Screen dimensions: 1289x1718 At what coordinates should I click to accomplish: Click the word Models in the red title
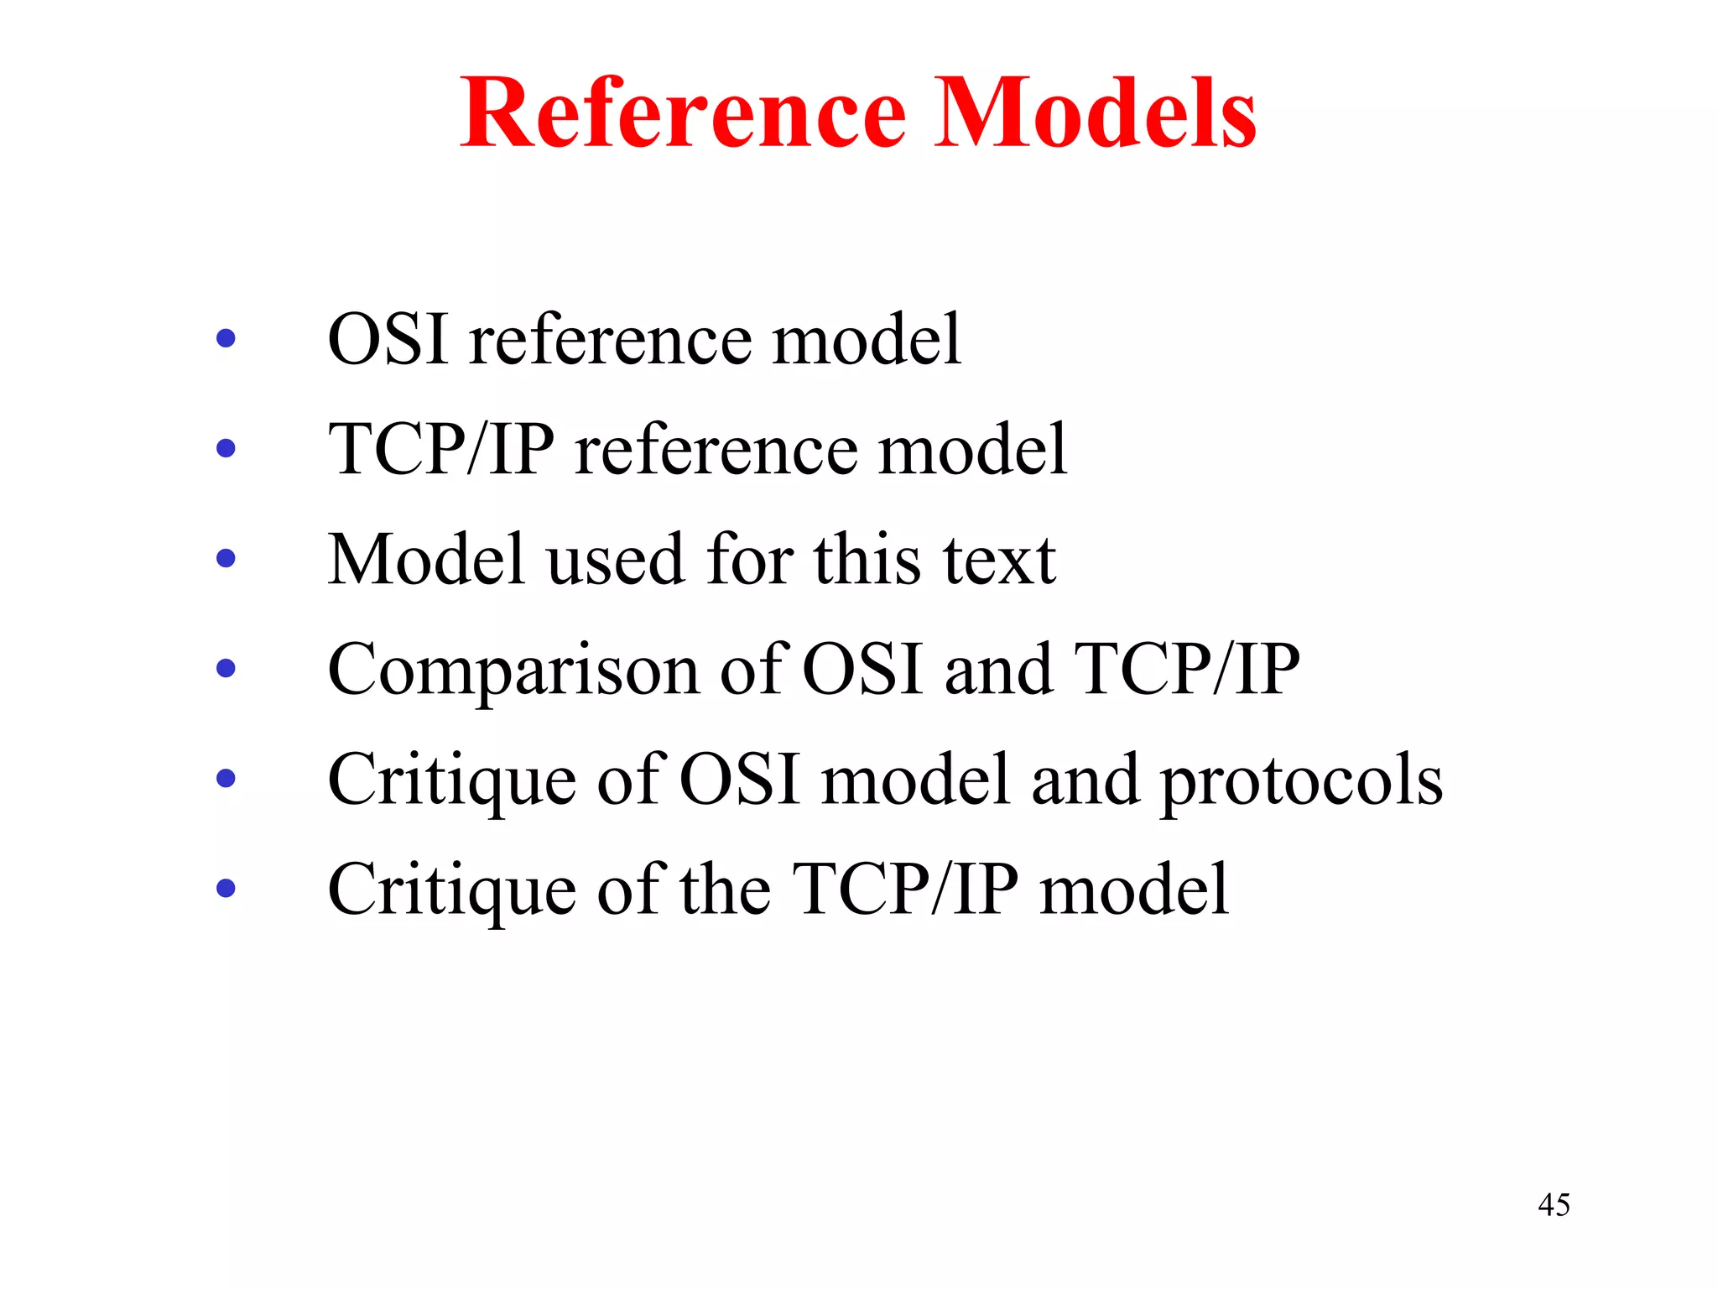coord(1095,114)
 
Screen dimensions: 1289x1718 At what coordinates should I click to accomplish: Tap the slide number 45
coord(1554,1205)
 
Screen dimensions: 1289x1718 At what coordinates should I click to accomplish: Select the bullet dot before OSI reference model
coord(226,339)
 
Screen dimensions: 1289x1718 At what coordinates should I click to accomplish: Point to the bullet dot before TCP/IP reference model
coord(226,449)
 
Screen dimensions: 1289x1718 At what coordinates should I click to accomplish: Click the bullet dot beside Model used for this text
coord(226,558)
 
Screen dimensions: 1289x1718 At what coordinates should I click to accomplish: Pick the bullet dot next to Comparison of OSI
coord(226,669)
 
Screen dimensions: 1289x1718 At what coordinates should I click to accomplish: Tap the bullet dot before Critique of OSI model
coord(226,779)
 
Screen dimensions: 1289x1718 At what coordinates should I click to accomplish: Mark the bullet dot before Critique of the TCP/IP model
coord(226,888)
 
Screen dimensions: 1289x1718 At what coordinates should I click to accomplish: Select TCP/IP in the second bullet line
coord(441,449)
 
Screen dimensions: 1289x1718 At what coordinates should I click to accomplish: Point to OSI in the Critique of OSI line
coord(738,779)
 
